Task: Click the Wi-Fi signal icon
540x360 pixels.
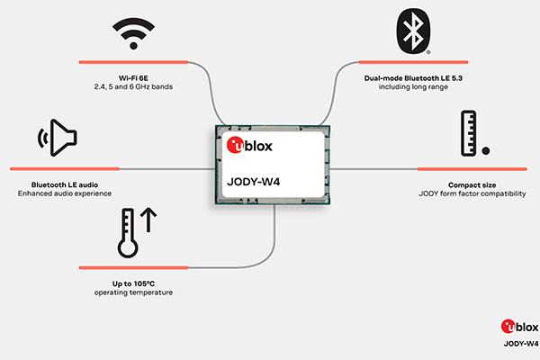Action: [133, 34]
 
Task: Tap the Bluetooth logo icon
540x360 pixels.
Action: [413, 31]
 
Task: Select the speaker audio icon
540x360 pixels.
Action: [58, 138]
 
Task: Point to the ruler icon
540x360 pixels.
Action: [468, 133]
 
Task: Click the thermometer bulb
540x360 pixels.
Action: [128, 247]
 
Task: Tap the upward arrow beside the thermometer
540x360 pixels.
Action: [148, 220]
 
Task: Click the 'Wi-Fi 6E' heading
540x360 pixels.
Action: [133, 78]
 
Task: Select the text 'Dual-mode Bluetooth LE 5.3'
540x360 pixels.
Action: [413, 78]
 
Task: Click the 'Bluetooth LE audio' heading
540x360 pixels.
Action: [65, 185]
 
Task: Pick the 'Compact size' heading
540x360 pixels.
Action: [472, 185]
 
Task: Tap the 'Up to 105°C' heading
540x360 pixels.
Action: [133, 283]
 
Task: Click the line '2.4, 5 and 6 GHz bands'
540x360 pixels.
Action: [133, 86]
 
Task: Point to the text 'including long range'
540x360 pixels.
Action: [413, 86]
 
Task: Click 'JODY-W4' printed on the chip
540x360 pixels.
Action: [254, 182]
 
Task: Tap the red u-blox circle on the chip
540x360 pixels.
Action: [235, 145]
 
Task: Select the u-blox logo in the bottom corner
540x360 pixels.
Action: [519, 327]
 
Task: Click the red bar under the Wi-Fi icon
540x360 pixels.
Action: [133, 62]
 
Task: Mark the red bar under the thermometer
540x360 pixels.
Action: [133, 267]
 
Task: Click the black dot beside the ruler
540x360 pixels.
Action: [486, 150]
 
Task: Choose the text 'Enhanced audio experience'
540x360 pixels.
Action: [65, 193]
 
